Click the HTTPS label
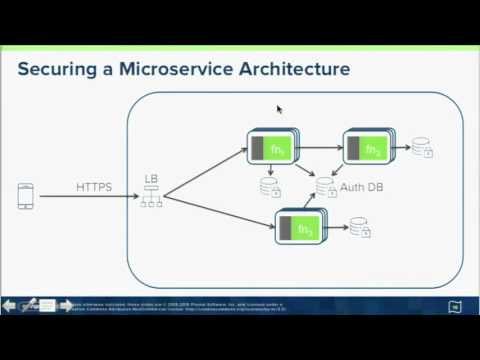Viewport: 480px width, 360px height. pos(94,187)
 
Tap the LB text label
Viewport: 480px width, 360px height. pos(151,179)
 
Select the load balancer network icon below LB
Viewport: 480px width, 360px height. pos(151,196)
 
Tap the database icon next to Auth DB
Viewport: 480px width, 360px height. pos(325,187)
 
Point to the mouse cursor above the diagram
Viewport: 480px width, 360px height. pos(280,110)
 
